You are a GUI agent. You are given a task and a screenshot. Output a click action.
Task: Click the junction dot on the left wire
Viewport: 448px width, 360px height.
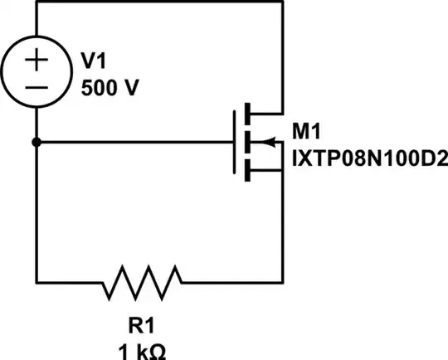coord(37,142)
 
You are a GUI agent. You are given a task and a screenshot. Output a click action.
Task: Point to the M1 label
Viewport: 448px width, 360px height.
coord(307,130)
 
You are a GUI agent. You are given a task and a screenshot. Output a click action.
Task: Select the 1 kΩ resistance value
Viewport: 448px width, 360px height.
coord(140,351)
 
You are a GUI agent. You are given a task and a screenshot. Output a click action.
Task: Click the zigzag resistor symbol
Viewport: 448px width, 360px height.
coord(141,283)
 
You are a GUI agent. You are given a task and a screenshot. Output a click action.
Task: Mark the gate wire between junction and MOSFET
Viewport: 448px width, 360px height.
coord(133,142)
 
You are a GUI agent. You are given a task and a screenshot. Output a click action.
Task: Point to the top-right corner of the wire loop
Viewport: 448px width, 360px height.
coord(283,2)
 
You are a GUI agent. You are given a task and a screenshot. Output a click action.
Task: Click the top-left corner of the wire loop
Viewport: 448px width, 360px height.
coord(37,2)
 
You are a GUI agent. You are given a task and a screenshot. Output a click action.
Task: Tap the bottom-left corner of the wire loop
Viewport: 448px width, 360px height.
coord(37,283)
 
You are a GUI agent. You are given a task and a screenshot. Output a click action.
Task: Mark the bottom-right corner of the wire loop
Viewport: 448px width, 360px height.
coord(283,283)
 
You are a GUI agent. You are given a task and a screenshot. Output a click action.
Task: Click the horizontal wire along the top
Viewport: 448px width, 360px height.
coord(158,2)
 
